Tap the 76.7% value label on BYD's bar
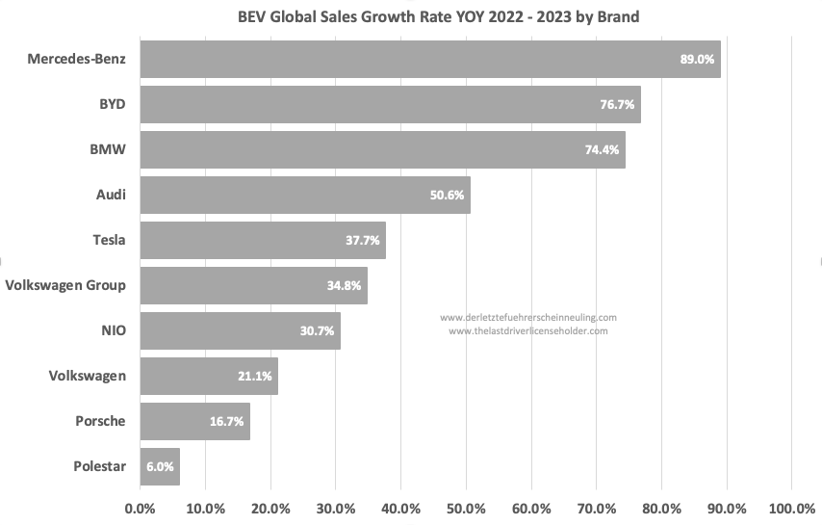615,104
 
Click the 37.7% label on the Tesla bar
365,240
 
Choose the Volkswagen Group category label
65,285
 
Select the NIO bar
240,330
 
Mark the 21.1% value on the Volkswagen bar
256,376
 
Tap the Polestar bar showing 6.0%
160,466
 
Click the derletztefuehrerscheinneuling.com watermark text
527,317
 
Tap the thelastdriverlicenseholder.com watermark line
527,330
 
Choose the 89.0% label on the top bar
697,59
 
